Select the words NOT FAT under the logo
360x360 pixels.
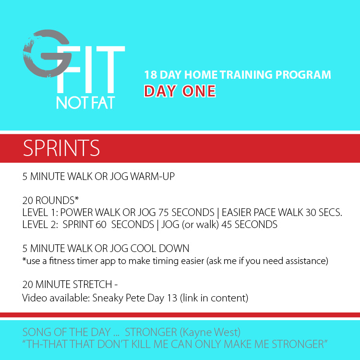[x=85, y=103]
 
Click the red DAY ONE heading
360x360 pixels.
[x=180, y=91]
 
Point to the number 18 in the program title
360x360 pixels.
[x=150, y=75]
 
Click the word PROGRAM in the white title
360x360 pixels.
[x=303, y=75]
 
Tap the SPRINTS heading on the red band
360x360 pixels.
[x=61, y=148]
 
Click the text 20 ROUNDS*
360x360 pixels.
[x=50, y=200]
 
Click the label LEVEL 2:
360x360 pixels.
[x=40, y=224]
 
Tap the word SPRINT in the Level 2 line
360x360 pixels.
[x=78, y=224]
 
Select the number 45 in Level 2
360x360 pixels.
[x=227, y=224]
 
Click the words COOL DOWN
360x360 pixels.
[x=160, y=248]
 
